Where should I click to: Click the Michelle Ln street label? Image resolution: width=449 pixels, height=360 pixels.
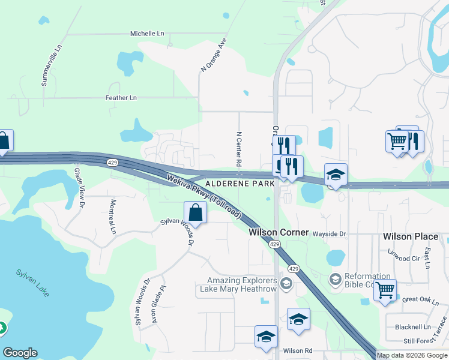tap(146, 34)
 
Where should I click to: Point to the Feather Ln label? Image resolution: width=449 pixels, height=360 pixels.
tap(121, 98)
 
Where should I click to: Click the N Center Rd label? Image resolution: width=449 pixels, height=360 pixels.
tap(238, 149)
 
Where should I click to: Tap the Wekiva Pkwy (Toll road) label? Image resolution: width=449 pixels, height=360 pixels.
tap(204, 196)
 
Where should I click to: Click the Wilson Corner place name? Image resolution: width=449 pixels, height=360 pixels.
tap(279, 232)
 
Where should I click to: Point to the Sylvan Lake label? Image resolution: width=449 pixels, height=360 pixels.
tap(33, 281)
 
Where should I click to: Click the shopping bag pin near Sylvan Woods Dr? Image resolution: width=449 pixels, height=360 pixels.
tap(196, 212)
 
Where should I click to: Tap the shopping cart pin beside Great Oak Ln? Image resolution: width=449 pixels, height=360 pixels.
tap(385, 290)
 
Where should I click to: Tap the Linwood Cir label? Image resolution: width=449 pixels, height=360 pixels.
tap(403, 258)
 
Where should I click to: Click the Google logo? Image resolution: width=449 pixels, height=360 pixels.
tap(20, 353)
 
